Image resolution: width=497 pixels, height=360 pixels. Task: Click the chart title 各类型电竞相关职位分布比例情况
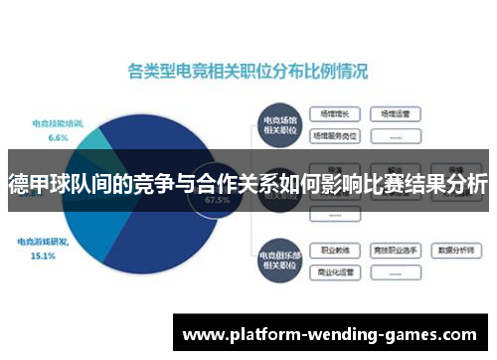(x=248, y=72)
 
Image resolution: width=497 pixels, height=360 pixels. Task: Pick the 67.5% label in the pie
(x=217, y=199)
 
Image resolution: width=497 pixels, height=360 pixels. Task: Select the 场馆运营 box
(x=396, y=113)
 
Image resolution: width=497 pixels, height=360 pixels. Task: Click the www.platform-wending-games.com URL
(x=334, y=335)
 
